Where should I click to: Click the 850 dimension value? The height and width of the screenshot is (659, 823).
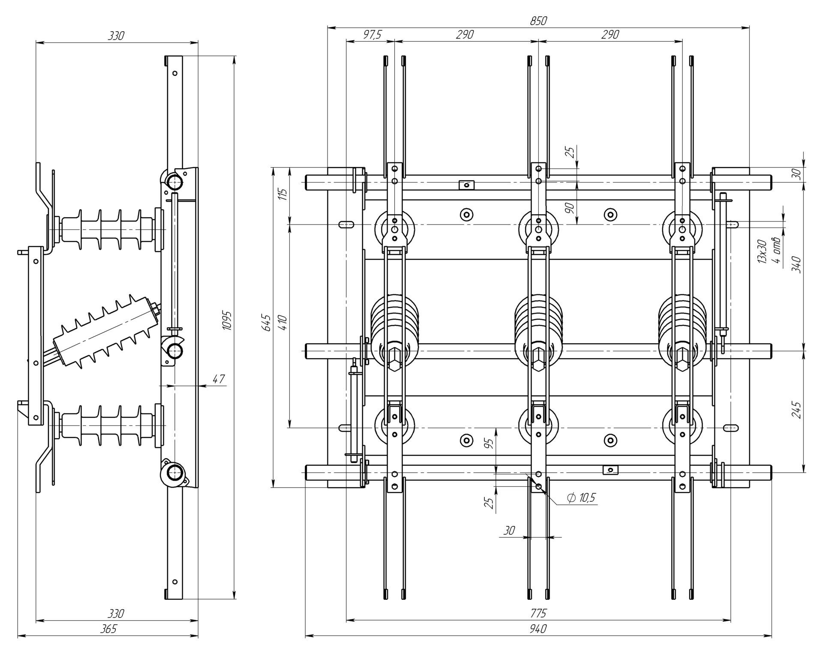pos(538,21)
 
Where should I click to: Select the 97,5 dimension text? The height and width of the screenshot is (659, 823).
pos(372,35)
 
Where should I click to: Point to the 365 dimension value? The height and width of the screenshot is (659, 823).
pos(108,629)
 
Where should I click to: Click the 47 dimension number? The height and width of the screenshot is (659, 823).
pos(219,379)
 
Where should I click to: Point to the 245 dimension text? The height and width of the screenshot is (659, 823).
pos(796,410)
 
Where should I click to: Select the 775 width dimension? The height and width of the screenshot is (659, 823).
pos(538,614)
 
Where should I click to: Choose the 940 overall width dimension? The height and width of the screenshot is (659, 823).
pos(538,629)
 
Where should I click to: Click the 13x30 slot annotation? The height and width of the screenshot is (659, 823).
pos(762,252)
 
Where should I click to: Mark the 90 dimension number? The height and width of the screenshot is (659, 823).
pos(569,209)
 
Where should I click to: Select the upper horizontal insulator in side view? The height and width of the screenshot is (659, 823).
pos(107,230)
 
